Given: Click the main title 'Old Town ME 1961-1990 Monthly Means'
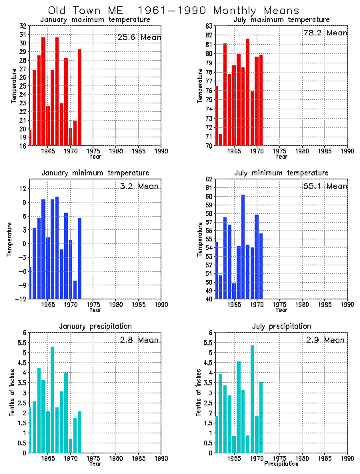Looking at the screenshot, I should click(x=173, y=11).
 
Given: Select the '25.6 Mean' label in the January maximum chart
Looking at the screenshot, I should click(x=139, y=37).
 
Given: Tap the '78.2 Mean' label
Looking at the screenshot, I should click(x=325, y=33).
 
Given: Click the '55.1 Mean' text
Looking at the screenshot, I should click(x=325, y=186).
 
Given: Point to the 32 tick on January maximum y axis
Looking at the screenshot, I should click(x=23, y=26).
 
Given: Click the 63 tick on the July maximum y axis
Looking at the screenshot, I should click(x=209, y=26).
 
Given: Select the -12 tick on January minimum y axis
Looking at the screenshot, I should click(x=22, y=299).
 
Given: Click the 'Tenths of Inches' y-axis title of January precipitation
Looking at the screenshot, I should click(x=11, y=393).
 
